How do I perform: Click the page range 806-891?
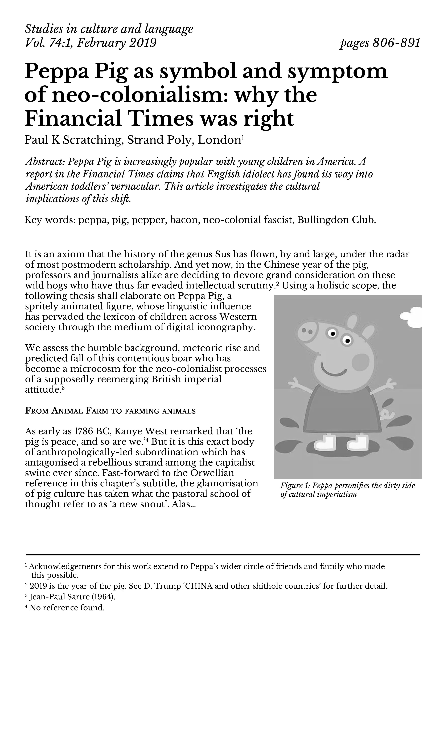[x=396, y=43]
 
